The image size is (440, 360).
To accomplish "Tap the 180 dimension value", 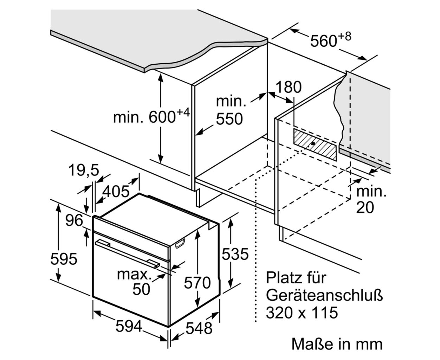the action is click(x=289, y=87).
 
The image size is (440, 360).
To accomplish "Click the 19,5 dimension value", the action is click(x=84, y=170).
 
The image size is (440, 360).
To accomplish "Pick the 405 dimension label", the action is click(x=116, y=191).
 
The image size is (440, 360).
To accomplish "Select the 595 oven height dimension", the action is click(x=64, y=259).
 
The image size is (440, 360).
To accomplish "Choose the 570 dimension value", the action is click(x=197, y=283).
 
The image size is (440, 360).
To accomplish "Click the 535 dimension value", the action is click(x=235, y=254).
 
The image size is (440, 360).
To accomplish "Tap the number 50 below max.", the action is click(x=141, y=289).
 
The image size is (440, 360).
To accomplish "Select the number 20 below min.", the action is click(x=365, y=208).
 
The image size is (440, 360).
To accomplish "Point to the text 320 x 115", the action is click(x=302, y=313).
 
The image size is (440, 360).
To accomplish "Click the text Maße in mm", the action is click(x=337, y=344).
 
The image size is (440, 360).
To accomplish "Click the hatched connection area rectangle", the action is click(x=315, y=144).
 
